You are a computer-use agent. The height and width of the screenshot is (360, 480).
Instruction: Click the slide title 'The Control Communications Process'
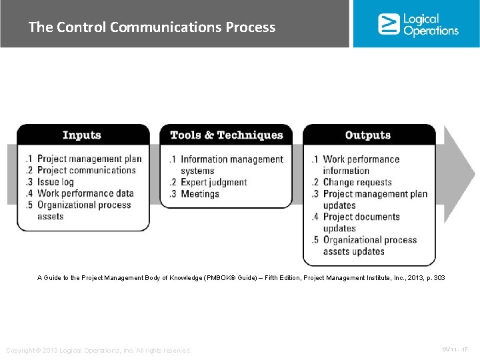pyautogui.click(x=152, y=27)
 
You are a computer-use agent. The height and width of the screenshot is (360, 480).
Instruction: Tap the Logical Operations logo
pyautogui.click(x=418, y=24)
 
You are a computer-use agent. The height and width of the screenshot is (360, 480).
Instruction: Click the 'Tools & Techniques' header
pyautogui.click(x=226, y=135)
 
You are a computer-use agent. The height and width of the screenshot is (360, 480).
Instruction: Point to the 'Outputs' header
pyautogui.click(x=368, y=135)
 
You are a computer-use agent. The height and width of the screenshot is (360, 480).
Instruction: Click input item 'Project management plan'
pyautogui.click(x=89, y=159)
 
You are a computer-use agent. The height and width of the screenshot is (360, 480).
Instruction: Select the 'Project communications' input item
pyautogui.click(x=86, y=170)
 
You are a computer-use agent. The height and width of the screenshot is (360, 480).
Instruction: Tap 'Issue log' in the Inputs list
pyautogui.click(x=55, y=181)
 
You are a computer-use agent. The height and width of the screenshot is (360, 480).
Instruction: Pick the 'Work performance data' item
pyautogui.click(x=85, y=193)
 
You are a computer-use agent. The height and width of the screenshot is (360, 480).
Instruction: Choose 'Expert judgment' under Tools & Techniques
pyautogui.click(x=213, y=182)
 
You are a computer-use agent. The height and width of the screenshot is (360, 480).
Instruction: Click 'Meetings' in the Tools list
pyautogui.click(x=200, y=194)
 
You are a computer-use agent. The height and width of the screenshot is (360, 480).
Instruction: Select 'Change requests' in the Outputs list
pyautogui.click(x=357, y=182)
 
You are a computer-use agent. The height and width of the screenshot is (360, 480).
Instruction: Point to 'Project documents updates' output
pyautogui.click(x=361, y=222)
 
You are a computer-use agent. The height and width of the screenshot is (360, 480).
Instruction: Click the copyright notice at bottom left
pyautogui.click(x=98, y=350)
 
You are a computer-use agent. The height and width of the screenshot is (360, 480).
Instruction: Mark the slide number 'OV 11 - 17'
pyautogui.click(x=455, y=349)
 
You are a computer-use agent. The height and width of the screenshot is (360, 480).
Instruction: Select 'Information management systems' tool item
pyautogui.click(x=231, y=165)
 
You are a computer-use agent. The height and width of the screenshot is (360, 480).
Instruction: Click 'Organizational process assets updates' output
pyautogui.click(x=369, y=245)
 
